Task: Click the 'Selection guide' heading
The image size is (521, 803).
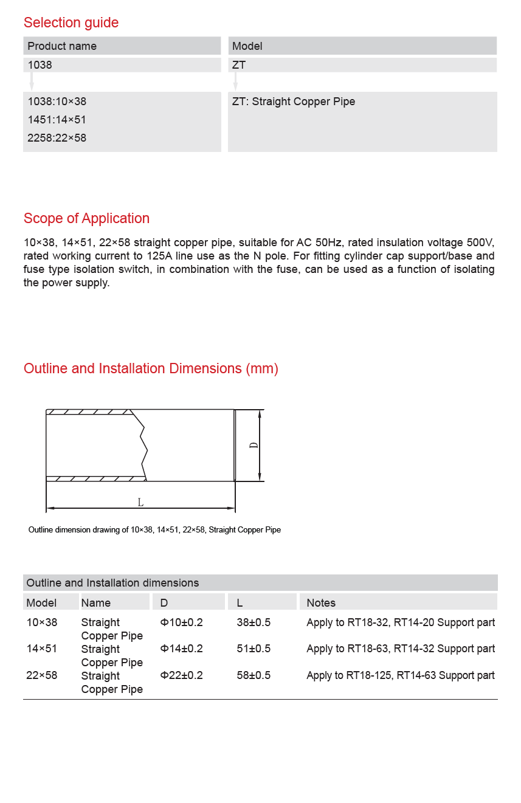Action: coord(71,22)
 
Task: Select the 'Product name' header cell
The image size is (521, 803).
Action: coord(62,46)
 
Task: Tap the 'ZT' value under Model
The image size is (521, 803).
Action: coord(239,65)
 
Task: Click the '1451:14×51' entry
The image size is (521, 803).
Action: coord(57,120)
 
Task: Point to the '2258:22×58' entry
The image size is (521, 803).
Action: coord(57,138)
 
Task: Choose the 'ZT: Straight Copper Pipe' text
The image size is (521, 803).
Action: coord(294,102)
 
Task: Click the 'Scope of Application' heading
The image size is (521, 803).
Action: coord(86,218)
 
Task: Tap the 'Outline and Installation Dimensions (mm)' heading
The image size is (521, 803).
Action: coord(151,368)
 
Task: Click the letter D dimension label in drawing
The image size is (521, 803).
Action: coord(254,445)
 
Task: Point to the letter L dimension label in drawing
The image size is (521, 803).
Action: coord(140,502)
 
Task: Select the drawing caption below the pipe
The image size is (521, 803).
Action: coord(154,530)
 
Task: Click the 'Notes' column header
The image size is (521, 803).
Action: coord(321,603)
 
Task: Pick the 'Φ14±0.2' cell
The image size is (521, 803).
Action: coord(181,649)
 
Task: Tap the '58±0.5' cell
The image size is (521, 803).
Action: coord(254,675)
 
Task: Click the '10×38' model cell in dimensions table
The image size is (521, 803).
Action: coord(42,622)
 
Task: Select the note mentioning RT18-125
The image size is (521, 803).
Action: coord(401,675)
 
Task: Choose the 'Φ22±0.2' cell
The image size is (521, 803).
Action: coord(181,675)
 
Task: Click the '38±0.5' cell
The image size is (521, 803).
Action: coord(254,622)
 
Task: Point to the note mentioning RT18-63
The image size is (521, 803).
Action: coord(401,649)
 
